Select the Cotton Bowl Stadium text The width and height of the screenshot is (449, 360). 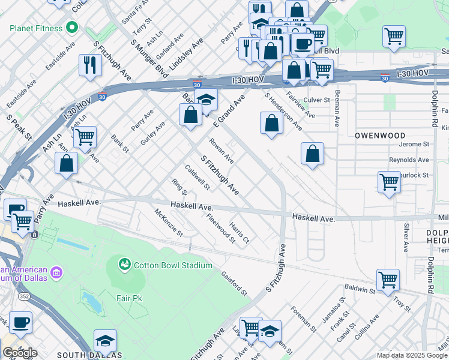[173, 265]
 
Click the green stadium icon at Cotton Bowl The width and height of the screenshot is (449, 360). [125, 264]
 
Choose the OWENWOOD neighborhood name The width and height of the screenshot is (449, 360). [380, 136]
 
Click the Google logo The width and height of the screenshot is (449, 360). [20, 353]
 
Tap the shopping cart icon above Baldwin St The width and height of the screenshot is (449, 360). [388, 279]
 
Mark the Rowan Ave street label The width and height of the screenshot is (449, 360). [221, 151]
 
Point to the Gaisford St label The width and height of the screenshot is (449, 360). [234, 283]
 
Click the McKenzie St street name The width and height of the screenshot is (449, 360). [168, 222]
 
